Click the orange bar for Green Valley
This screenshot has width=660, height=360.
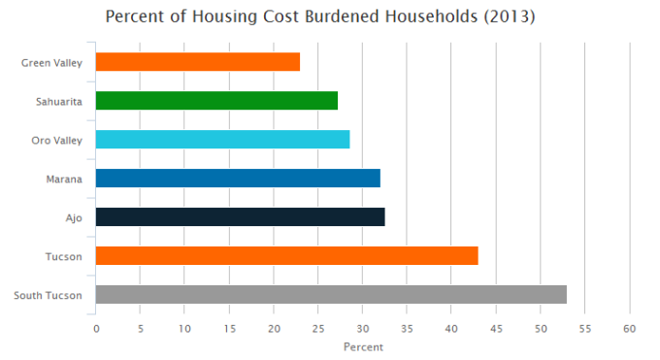(198, 62)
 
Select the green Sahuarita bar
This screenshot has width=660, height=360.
(216, 101)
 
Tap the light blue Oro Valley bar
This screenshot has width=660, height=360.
(222, 140)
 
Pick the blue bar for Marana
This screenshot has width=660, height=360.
(238, 179)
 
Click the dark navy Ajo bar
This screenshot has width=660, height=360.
(240, 217)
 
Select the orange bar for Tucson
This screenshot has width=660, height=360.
(286, 256)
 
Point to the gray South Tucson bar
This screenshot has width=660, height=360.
(331, 295)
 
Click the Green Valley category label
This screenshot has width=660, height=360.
(51, 63)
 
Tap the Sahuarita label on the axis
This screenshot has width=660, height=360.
(59, 102)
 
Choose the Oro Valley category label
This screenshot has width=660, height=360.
(57, 141)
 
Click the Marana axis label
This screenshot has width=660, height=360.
(64, 180)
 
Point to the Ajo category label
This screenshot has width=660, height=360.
(73, 218)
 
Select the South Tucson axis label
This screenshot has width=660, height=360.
(47, 296)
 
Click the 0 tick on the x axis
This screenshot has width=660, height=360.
(96, 329)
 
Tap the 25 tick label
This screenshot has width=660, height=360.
(317, 329)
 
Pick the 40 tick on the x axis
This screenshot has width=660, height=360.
(451, 329)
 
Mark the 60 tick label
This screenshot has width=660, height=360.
(630, 329)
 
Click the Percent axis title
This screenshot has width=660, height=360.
(363, 346)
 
